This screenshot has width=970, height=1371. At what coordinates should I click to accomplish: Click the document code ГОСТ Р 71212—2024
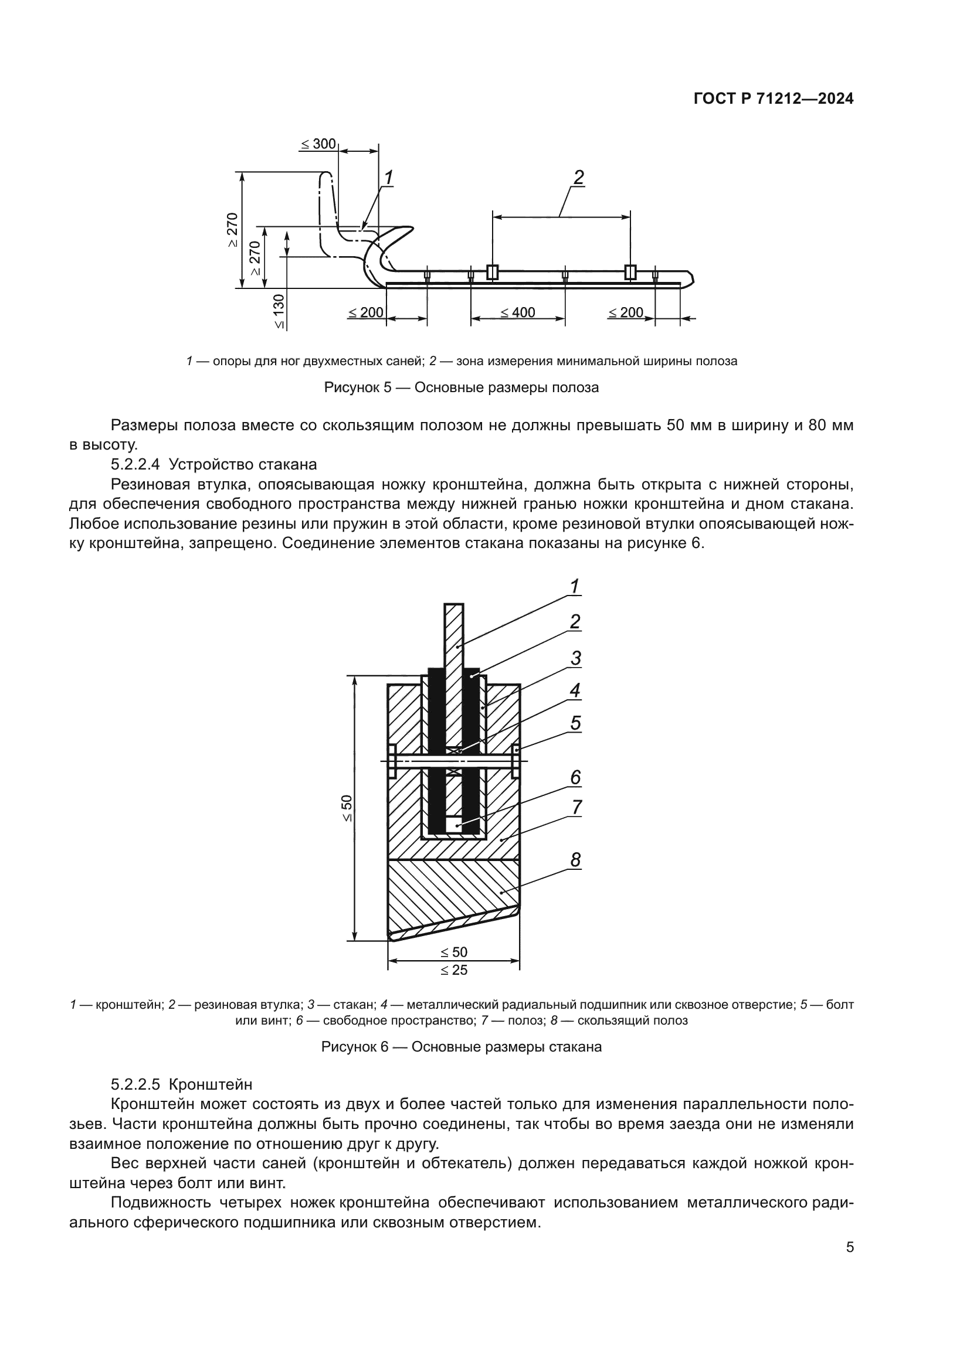point(774,99)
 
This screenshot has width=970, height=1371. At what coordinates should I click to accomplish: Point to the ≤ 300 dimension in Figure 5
point(318,144)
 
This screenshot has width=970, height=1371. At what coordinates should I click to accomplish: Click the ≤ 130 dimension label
point(280,311)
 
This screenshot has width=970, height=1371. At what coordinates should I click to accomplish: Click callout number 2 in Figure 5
point(578,178)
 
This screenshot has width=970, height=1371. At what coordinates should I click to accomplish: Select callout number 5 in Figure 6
point(575,723)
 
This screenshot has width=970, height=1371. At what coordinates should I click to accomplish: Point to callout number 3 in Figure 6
point(575,658)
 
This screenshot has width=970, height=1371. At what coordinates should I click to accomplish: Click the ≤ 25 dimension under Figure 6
point(454,970)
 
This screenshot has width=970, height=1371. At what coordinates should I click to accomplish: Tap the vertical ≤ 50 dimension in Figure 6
point(347,808)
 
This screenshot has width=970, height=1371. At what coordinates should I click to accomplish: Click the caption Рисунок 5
point(461,387)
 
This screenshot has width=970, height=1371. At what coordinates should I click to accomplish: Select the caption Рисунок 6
point(461,1047)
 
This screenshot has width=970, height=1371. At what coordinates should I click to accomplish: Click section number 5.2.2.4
point(135,464)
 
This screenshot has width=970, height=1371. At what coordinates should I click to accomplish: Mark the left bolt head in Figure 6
point(392,761)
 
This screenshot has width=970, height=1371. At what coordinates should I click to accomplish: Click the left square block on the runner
point(492,273)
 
